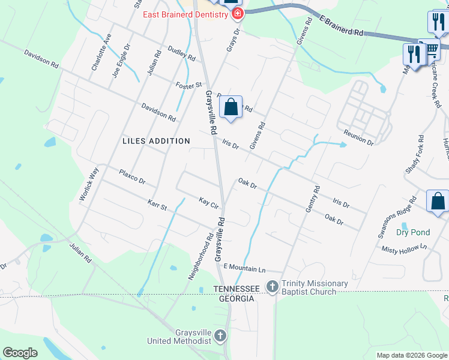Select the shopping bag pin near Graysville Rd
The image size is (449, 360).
pos(231,108)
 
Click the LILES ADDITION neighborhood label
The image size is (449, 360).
pos(156,141)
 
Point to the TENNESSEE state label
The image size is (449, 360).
pos(237,289)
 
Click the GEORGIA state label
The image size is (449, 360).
pos(237,298)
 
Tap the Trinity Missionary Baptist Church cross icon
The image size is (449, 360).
pos(273,287)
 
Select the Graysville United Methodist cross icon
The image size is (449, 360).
pos(220,335)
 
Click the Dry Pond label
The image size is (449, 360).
pos(413,232)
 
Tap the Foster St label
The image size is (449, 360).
pos(188,85)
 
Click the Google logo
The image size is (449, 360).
pos(20,353)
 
